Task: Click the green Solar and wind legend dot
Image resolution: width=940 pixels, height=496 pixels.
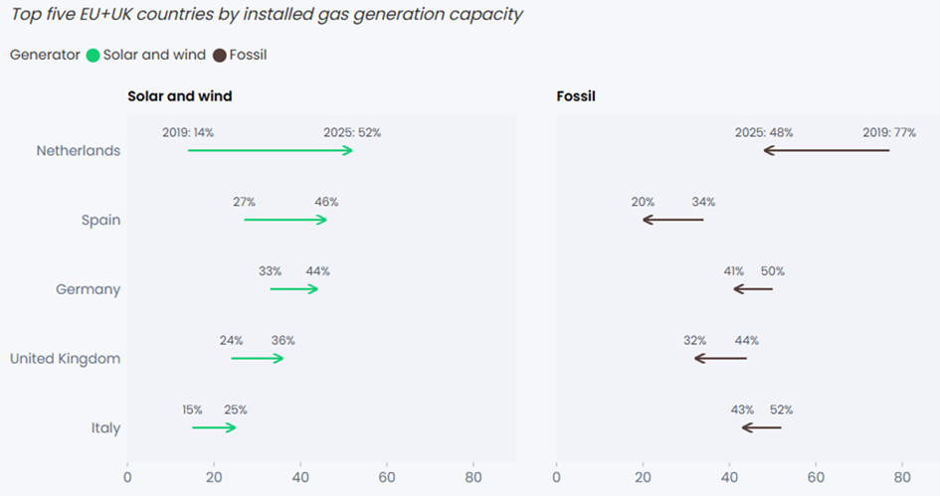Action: click(94, 56)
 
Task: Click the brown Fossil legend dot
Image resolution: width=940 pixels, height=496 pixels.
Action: click(220, 56)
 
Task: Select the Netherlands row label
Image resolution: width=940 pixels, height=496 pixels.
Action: click(79, 151)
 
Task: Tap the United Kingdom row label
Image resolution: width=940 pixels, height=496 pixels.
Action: click(65, 359)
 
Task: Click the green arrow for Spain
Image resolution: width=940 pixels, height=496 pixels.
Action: click(285, 219)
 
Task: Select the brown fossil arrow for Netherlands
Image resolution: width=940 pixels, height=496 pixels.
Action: click(827, 150)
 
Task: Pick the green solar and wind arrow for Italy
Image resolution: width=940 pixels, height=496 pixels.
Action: click(214, 427)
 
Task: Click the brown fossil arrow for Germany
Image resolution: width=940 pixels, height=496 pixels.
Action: click(753, 289)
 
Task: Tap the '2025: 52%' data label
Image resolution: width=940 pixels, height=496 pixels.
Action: click(352, 132)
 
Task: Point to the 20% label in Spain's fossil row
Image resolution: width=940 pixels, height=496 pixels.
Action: click(643, 202)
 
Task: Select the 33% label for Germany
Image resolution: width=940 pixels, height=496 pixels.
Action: click(270, 271)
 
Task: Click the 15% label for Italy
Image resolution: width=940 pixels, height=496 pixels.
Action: click(192, 410)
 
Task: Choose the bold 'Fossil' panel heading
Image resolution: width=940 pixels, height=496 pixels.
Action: click(575, 96)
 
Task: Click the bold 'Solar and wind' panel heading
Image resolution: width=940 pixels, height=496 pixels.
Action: click(180, 96)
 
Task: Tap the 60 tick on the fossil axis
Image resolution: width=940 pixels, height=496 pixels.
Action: click(816, 476)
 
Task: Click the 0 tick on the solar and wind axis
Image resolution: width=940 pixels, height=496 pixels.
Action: click(127, 476)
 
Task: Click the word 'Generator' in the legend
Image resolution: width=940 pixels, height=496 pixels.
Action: click(45, 56)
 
